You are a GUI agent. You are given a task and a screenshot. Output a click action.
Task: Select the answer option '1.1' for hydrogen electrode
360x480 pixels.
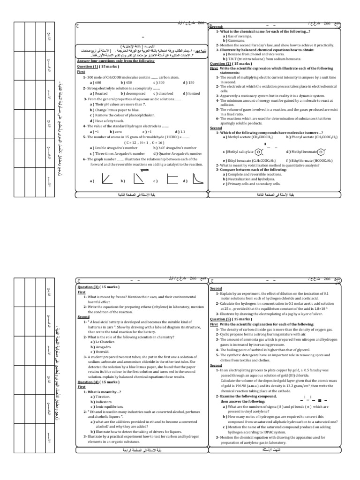click(183, 132)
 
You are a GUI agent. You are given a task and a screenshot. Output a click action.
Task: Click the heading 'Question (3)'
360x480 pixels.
click(89, 286)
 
